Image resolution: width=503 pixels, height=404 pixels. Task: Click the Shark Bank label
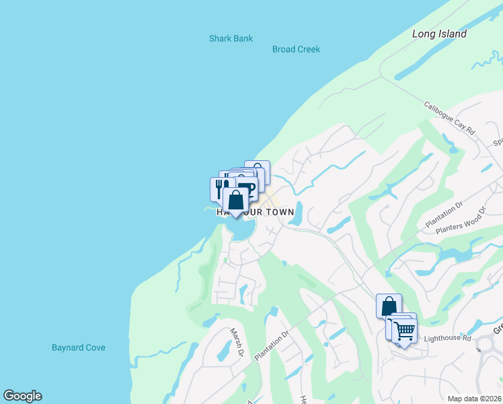[231, 38]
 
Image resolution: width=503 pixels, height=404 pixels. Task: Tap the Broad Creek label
[296, 49]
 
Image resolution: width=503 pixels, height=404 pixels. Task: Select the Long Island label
[439, 34]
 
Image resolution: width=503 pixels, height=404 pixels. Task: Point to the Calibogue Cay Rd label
[449, 118]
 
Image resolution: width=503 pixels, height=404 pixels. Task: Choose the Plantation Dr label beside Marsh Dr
[271, 343]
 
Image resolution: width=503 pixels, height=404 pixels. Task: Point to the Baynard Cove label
[79, 347]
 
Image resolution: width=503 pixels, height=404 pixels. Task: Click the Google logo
[22, 396]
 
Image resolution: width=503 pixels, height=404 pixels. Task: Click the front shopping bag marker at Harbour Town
[235, 200]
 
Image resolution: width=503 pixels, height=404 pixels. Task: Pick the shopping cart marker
[404, 331]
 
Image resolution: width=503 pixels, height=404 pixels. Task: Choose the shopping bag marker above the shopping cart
[389, 306]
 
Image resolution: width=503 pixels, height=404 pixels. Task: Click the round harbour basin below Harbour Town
[241, 229]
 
